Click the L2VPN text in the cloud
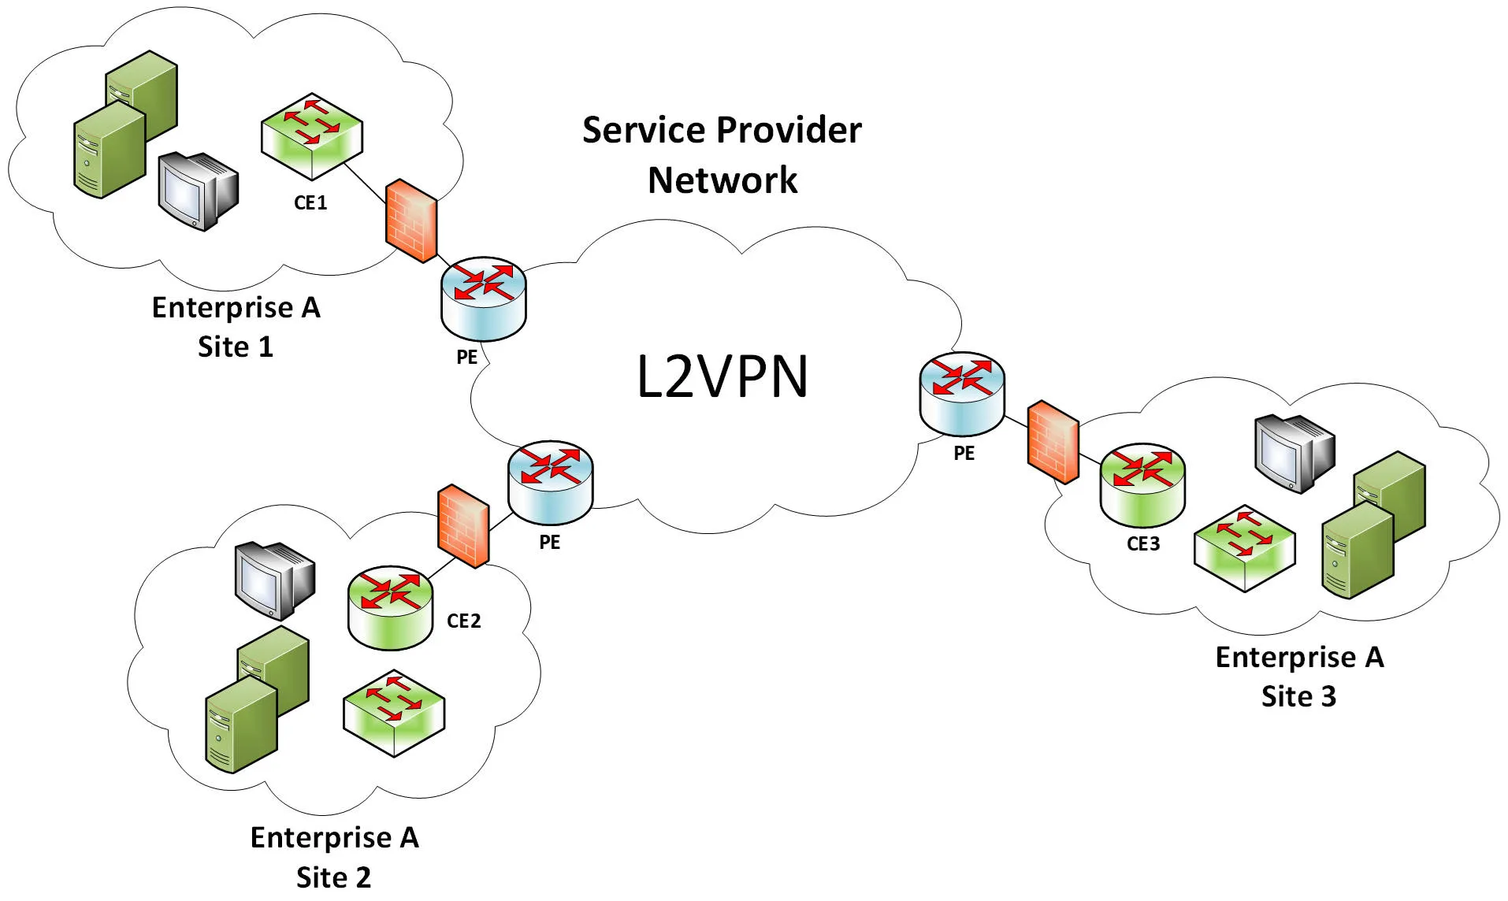[722, 377]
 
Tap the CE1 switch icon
[312, 135]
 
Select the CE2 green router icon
[390, 607]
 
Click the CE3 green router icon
[1142, 485]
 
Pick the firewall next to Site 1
[411, 221]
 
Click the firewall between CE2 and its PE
[463, 526]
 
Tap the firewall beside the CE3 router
[1053, 442]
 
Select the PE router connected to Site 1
[483, 298]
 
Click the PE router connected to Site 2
[550, 483]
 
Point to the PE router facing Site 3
[961, 393]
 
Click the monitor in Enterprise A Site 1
[197, 191]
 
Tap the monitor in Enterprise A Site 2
[273, 579]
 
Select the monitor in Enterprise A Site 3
[1294, 452]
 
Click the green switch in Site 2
[394, 713]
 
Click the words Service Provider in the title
[722, 131]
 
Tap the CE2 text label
[463, 621]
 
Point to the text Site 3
[1298, 697]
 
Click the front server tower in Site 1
[110, 150]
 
